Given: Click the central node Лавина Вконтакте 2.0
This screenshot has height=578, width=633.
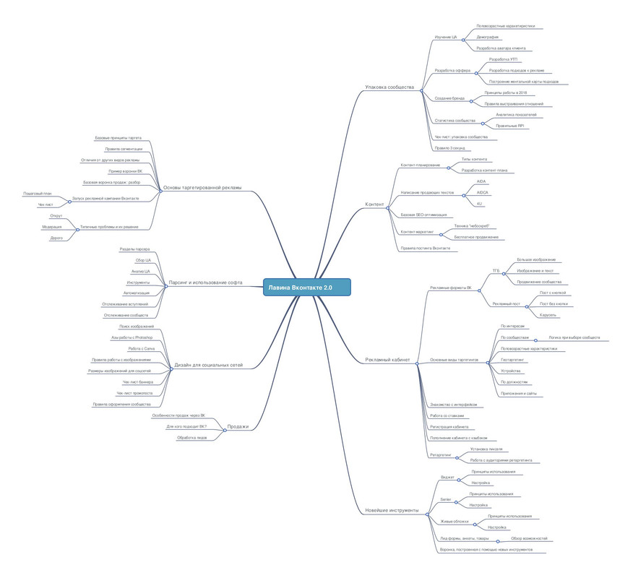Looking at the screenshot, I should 306,287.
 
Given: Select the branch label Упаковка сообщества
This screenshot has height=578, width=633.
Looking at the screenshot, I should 389,87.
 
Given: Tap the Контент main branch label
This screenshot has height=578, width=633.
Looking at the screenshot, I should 374,204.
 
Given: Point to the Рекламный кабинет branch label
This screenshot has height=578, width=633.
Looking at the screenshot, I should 387,359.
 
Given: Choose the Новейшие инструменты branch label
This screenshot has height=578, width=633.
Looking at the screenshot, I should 392,510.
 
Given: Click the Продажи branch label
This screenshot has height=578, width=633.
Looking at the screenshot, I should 238,426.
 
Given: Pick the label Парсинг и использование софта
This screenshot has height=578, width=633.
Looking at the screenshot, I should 205,282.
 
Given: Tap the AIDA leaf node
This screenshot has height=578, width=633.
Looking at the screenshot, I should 481,181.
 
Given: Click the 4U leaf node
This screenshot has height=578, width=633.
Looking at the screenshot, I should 480,204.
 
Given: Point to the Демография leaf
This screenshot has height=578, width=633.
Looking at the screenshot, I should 488,37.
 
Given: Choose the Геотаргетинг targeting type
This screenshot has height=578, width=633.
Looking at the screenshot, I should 512,359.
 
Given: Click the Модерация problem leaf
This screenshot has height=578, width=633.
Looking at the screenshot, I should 51,227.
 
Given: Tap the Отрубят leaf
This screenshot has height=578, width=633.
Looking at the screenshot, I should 56,216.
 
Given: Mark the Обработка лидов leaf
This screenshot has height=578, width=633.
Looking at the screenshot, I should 192,438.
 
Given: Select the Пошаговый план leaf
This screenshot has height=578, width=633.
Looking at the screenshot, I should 38,194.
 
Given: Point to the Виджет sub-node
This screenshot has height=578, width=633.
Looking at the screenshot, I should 447,478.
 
